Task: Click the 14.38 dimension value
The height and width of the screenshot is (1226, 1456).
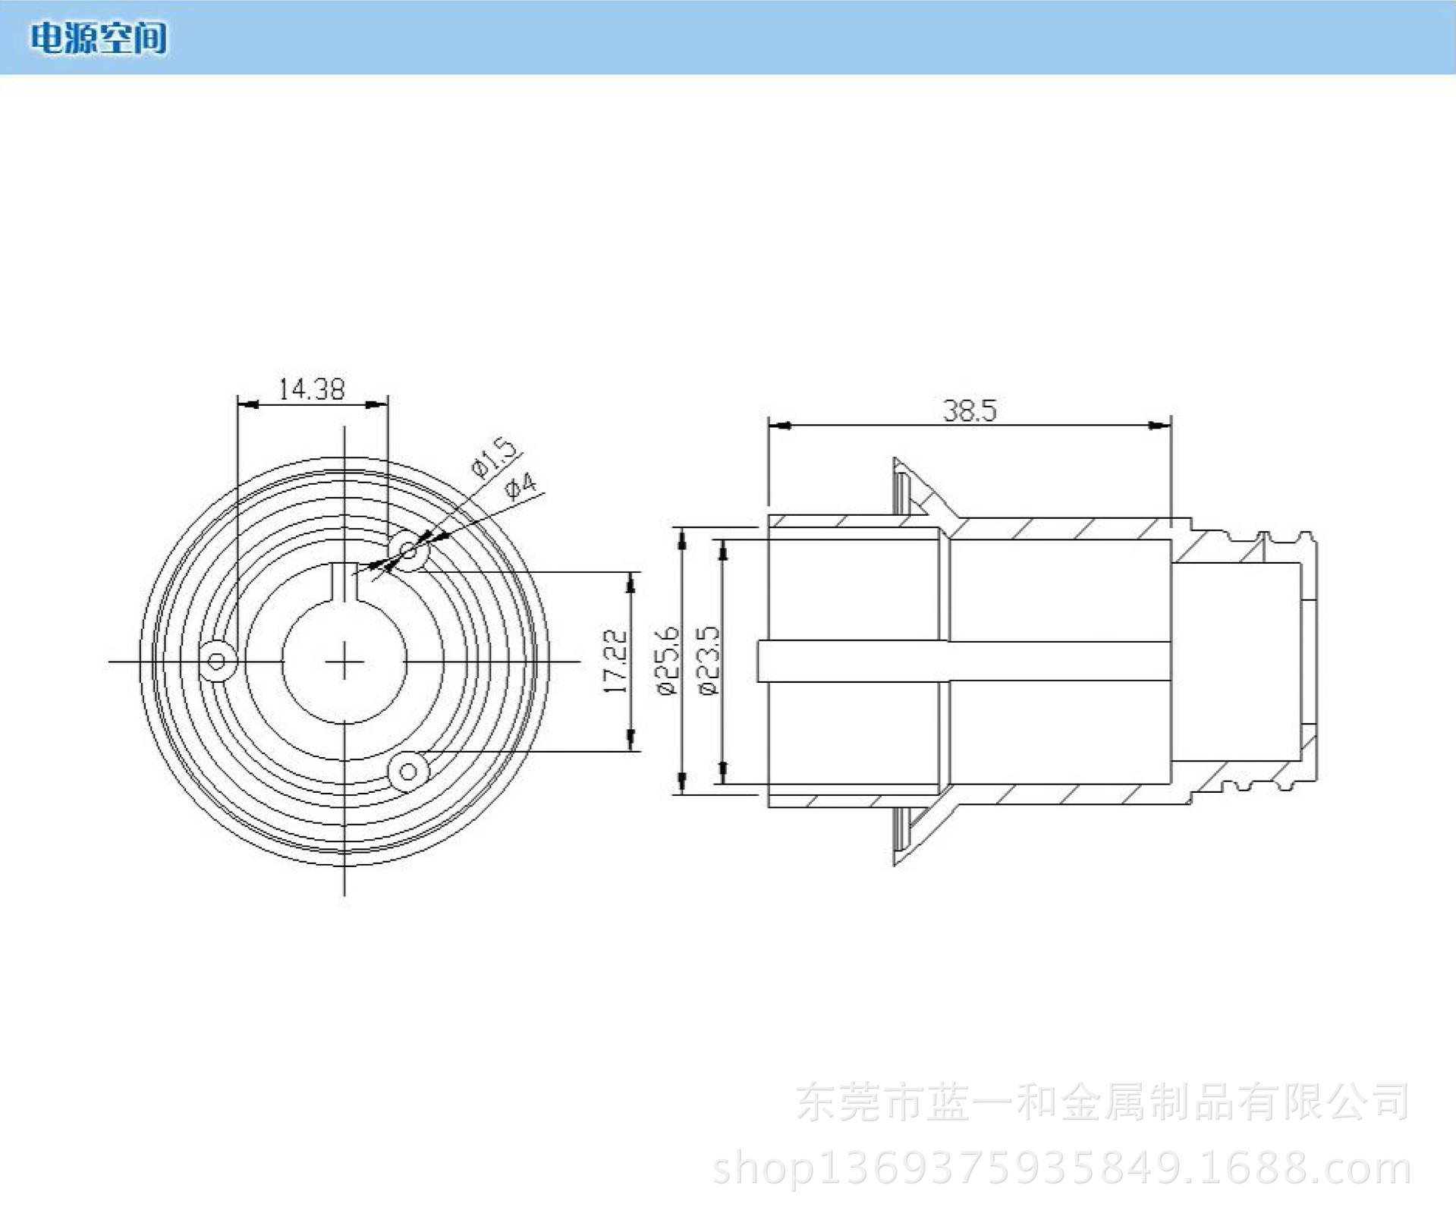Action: click(x=311, y=389)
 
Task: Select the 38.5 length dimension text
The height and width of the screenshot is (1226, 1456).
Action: click(x=969, y=410)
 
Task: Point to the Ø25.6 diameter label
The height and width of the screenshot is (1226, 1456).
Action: click(x=667, y=661)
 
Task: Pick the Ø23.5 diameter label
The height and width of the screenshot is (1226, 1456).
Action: click(x=707, y=661)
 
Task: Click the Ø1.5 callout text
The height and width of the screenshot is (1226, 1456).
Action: click(x=495, y=457)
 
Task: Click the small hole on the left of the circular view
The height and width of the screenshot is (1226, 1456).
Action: click(x=217, y=661)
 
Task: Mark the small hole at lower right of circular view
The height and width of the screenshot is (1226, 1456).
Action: click(x=408, y=772)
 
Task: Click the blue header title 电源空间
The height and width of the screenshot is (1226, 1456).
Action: click(x=99, y=38)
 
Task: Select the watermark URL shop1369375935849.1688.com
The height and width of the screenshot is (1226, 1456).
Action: click(x=1061, y=1169)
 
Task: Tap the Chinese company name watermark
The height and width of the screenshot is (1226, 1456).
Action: click(x=1102, y=1102)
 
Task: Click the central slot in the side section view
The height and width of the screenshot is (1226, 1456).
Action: click(x=964, y=661)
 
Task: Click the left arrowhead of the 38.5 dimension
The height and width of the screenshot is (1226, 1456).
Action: click(x=778, y=426)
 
